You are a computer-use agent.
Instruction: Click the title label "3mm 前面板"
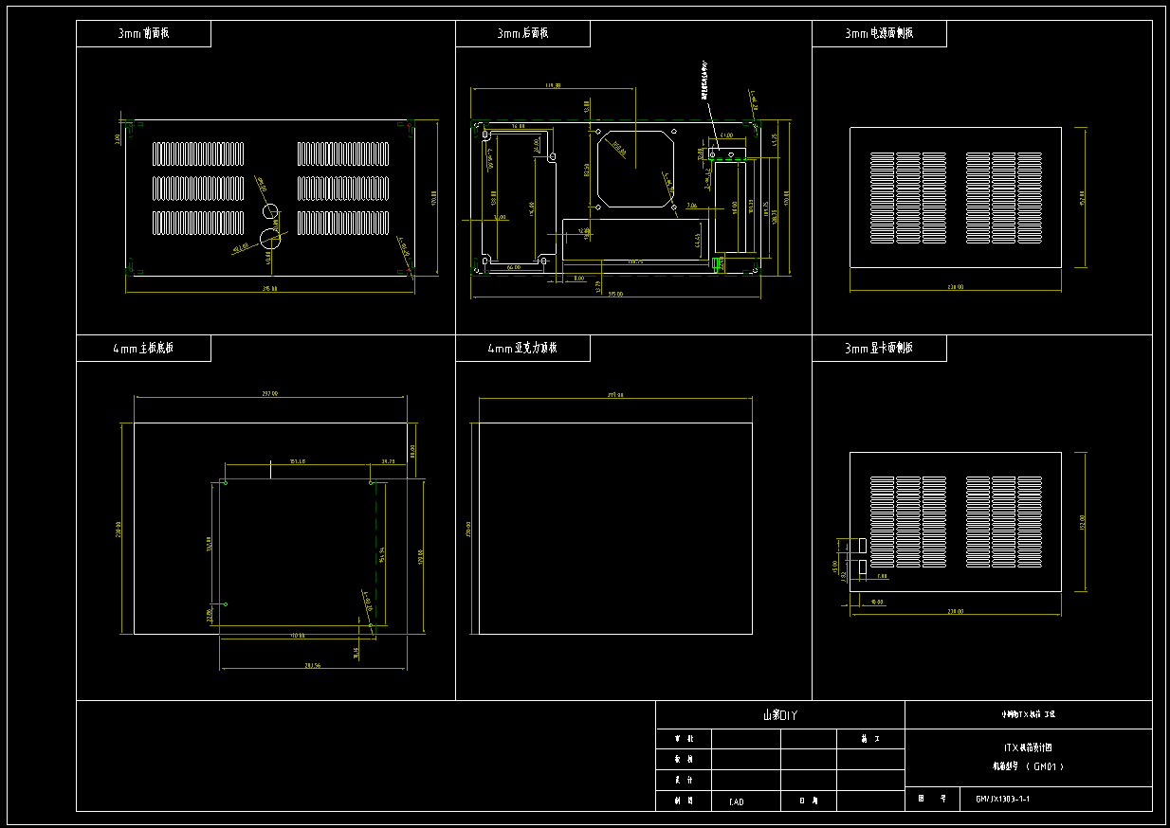143,33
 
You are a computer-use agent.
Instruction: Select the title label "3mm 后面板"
522,33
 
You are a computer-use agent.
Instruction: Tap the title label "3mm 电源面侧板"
879,33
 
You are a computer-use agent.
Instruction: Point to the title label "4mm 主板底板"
143,348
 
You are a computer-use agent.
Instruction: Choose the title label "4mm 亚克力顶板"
522,348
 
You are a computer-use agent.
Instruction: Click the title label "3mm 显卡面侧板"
879,348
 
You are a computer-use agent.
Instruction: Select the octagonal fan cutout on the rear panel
634,169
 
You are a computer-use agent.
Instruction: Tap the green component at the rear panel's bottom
718,262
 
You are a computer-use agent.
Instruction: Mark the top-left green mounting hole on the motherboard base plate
225,483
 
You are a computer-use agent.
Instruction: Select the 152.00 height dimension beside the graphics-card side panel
1082,523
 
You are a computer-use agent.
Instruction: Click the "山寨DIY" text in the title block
778,715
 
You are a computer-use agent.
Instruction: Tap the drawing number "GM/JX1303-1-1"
1002,799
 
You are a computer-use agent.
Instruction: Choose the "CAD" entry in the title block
736,801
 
